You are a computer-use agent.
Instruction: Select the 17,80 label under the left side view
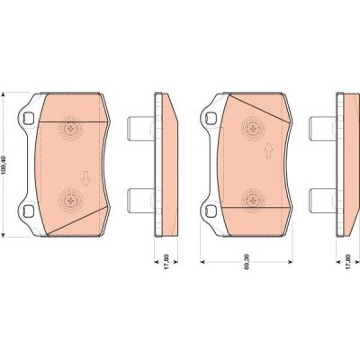click(166, 262)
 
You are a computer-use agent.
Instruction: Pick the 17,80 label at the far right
click(348, 262)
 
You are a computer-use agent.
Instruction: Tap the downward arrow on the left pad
click(86, 178)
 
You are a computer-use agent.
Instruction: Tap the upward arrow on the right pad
click(268, 151)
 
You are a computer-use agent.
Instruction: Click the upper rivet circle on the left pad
click(70, 129)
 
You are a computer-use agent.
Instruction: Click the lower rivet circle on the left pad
click(70, 199)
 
